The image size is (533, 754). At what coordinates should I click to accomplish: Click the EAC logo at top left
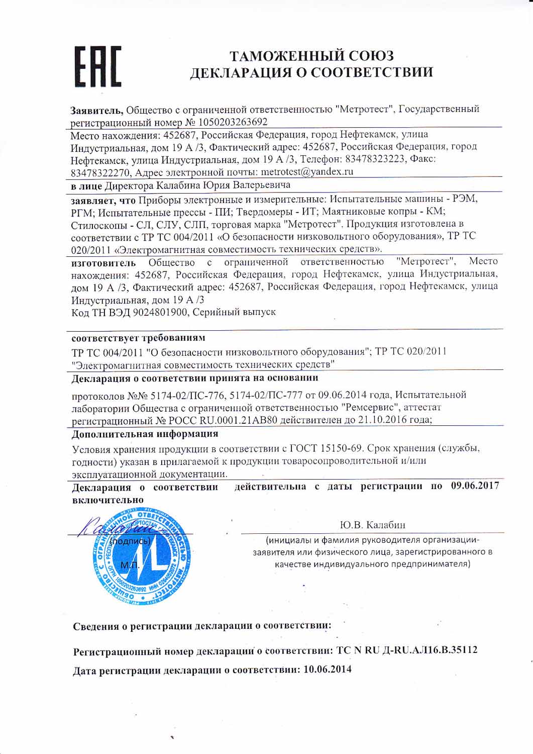[x=98, y=66]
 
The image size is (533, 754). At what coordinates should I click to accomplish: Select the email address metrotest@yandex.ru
[x=307, y=171]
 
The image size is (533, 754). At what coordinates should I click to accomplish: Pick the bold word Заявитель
[x=96, y=109]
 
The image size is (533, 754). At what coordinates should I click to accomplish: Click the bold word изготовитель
[x=103, y=262]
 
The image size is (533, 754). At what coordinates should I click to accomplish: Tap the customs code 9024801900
[x=159, y=312]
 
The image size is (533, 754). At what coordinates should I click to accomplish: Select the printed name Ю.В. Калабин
[x=372, y=525]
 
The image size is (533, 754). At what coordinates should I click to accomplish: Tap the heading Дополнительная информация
[x=145, y=433]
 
